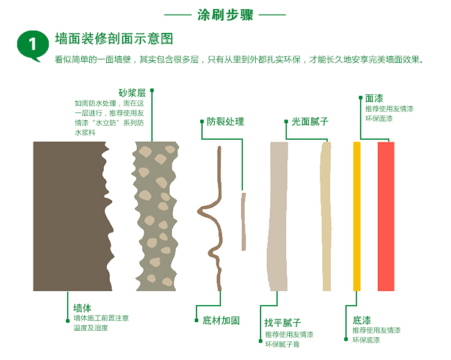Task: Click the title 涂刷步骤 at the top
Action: coord(225,15)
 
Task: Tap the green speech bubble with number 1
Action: coord(32,45)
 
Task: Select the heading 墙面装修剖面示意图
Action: coord(114,39)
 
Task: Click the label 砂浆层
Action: coord(132,93)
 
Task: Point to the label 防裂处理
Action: coord(225,121)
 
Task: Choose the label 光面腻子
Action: coord(310,121)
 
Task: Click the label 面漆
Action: coord(374,98)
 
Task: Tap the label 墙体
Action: coord(82,308)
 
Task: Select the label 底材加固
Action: coord(221,320)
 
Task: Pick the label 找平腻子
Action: coord(283,323)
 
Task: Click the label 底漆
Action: coord(362,320)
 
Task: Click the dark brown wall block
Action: coord(69,216)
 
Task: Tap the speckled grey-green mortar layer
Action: coord(156,216)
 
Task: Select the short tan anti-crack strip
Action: coord(244,221)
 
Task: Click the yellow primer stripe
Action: coord(356,216)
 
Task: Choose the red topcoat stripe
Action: coord(386,216)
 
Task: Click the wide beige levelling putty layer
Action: coord(278,216)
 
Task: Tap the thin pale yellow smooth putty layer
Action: coord(326,216)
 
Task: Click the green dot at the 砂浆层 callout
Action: coord(152,90)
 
